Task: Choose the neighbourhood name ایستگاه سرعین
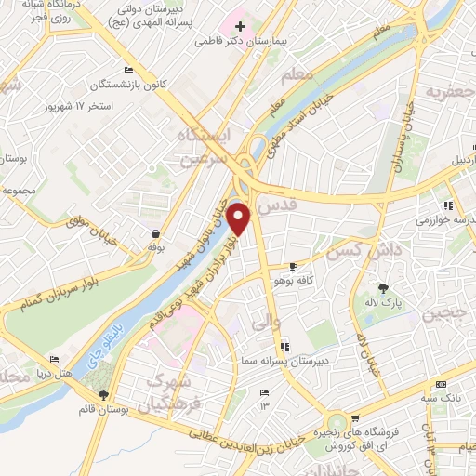pos(203,147)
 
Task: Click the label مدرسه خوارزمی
pos(443,219)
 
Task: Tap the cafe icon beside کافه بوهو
pos(294,266)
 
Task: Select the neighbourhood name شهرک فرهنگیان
pos(177,394)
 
